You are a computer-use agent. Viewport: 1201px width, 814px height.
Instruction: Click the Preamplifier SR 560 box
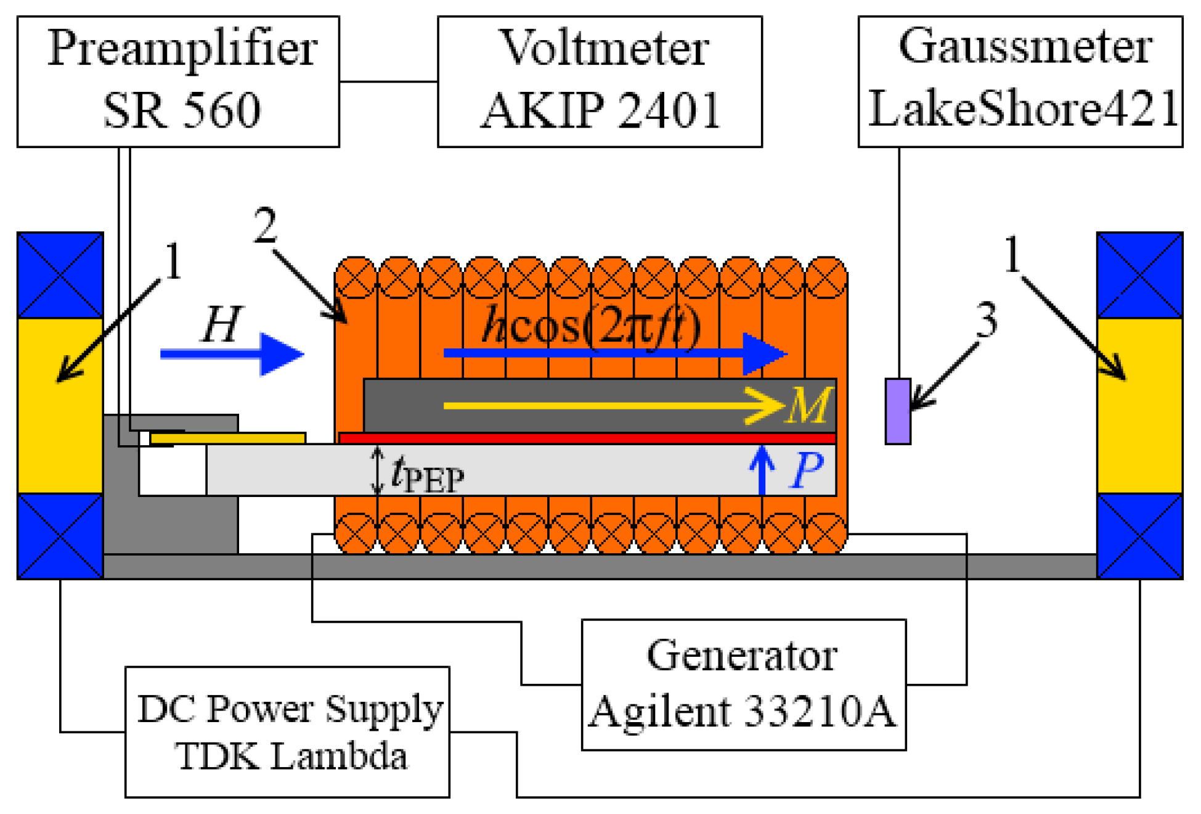coord(178,81)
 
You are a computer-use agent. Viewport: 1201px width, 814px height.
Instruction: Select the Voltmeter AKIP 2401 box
coord(600,81)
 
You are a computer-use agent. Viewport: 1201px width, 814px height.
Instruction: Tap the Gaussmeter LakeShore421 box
coord(1020,81)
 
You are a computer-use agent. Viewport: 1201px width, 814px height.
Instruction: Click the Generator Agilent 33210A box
coord(743,684)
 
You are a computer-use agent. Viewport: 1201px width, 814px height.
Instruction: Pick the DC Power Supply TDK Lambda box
coord(287,732)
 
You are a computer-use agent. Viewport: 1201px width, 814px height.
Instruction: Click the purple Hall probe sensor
coord(897,411)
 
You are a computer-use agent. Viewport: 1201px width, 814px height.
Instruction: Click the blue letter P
coord(805,471)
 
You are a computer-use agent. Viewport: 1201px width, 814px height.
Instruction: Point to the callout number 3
coord(987,320)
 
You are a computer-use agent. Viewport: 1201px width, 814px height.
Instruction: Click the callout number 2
coord(265,226)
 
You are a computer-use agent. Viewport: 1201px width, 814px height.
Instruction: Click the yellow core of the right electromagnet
coord(1139,405)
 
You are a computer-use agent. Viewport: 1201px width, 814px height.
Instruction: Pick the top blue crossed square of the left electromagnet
coord(60,275)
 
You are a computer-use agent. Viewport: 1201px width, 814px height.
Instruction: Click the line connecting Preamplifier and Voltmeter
coord(388,81)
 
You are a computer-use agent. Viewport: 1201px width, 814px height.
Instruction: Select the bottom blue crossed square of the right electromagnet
coord(1139,535)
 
